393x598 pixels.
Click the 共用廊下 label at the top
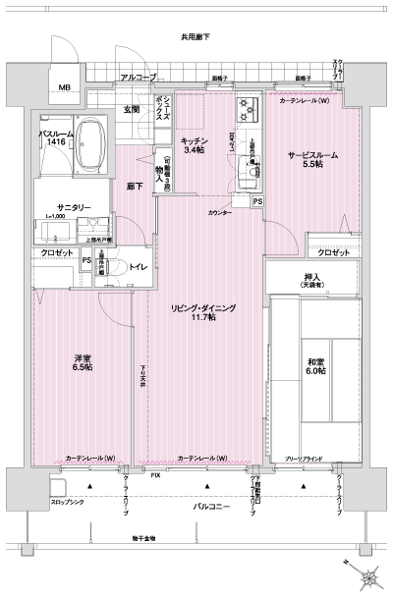(196, 37)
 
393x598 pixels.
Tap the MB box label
(64, 89)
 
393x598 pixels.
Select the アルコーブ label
(138, 77)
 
